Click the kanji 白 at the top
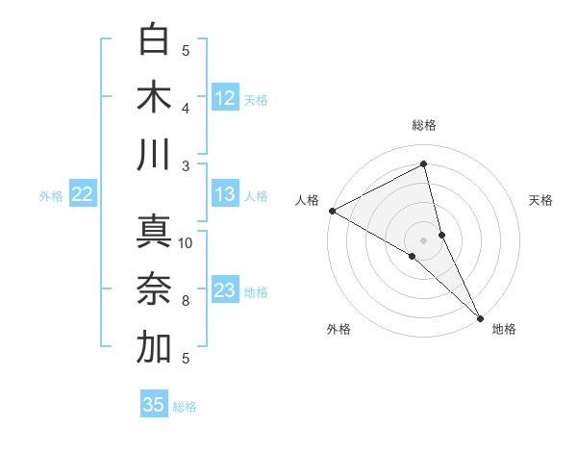pyautogui.click(x=154, y=39)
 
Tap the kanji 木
pyautogui.click(x=154, y=97)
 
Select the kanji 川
pyautogui.click(x=154, y=155)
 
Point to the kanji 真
pyautogui.click(x=154, y=231)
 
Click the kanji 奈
pyautogui.click(x=154, y=289)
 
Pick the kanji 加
pyautogui.click(x=154, y=347)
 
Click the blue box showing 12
pyautogui.click(x=225, y=97)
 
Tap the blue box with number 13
pyautogui.click(x=225, y=194)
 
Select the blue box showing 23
pyautogui.click(x=225, y=290)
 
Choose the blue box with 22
pyautogui.click(x=83, y=194)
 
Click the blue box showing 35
pyautogui.click(x=154, y=405)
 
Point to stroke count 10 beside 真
pyautogui.click(x=186, y=242)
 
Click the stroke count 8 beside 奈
pyautogui.click(x=186, y=301)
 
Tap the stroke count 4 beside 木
pyautogui.click(x=186, y=108)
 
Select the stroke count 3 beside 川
pyautogui.click(x=186, y=165)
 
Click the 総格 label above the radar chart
pyautogui.click(x=424, y=125)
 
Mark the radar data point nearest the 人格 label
pyautogui.click(x=331, y=211)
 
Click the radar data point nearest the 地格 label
pyautogui.click(x=479, y=316)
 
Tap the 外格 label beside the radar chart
pyautogui.click(x=339, y=330)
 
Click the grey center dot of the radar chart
pyautogui.click(x=424, y=239)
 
